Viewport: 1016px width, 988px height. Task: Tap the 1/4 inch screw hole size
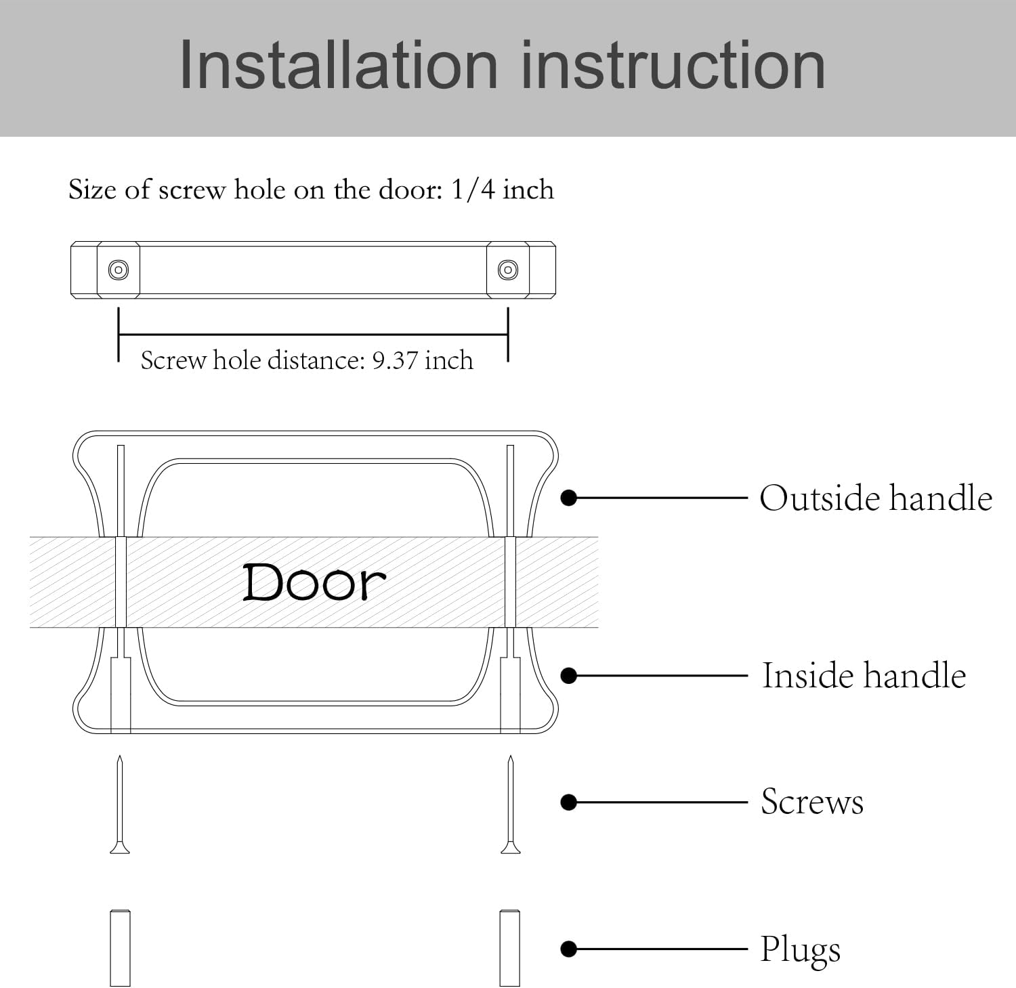(502, 190)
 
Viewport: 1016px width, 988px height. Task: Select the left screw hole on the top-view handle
(119, 270)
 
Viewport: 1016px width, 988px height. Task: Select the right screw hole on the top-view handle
(508, 270)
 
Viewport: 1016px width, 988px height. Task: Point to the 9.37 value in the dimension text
(395, 360)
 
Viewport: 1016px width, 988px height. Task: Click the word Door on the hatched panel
(314, 582)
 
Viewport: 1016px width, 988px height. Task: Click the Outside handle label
(875, 498)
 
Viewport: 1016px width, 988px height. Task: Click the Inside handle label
(864, 676)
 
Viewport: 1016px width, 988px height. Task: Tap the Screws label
(811, 802)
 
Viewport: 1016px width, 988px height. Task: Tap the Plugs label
(800, 949)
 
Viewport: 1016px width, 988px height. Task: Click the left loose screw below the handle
(120, 806)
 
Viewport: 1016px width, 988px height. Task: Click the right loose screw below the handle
(510, 806)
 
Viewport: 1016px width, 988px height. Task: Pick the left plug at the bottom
(120, 947)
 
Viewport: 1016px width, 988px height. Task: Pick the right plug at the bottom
(510, 947)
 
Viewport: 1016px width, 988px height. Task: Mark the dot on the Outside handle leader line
(569, 498)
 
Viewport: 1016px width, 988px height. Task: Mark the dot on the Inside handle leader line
(569, 676)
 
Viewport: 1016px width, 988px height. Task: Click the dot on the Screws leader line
(569, 802)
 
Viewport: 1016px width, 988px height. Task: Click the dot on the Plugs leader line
(569, 949)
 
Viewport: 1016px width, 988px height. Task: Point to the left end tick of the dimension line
(119, 335)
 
